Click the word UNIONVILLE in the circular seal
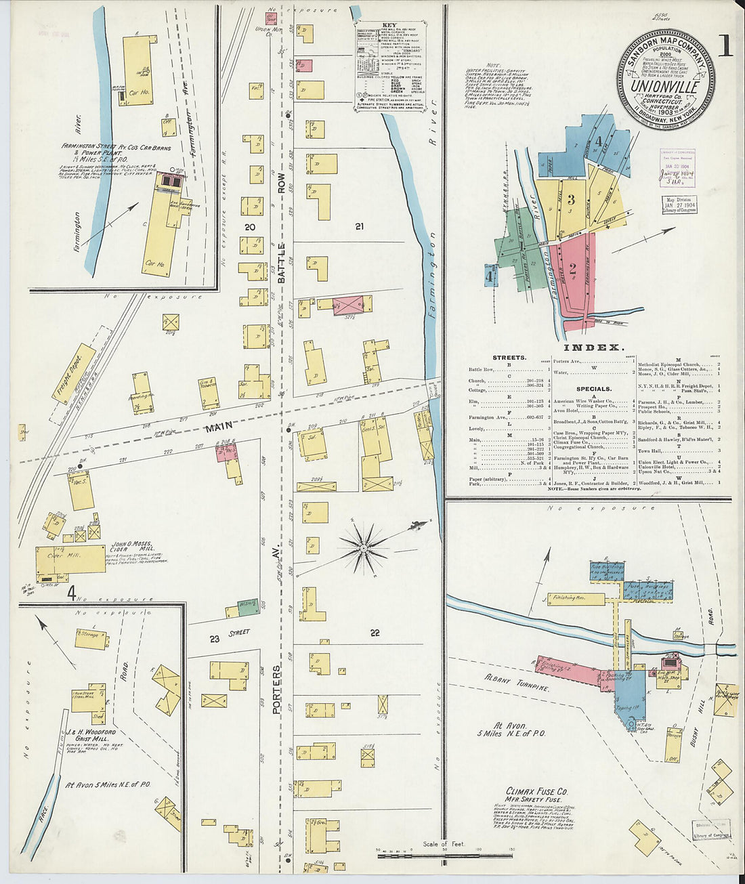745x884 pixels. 665,86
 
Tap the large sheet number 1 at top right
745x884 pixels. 725,46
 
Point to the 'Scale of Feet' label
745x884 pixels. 444,844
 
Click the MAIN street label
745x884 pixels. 219,425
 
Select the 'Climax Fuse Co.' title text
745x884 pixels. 536,791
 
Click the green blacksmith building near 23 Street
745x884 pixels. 248,606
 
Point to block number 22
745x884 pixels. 375,633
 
